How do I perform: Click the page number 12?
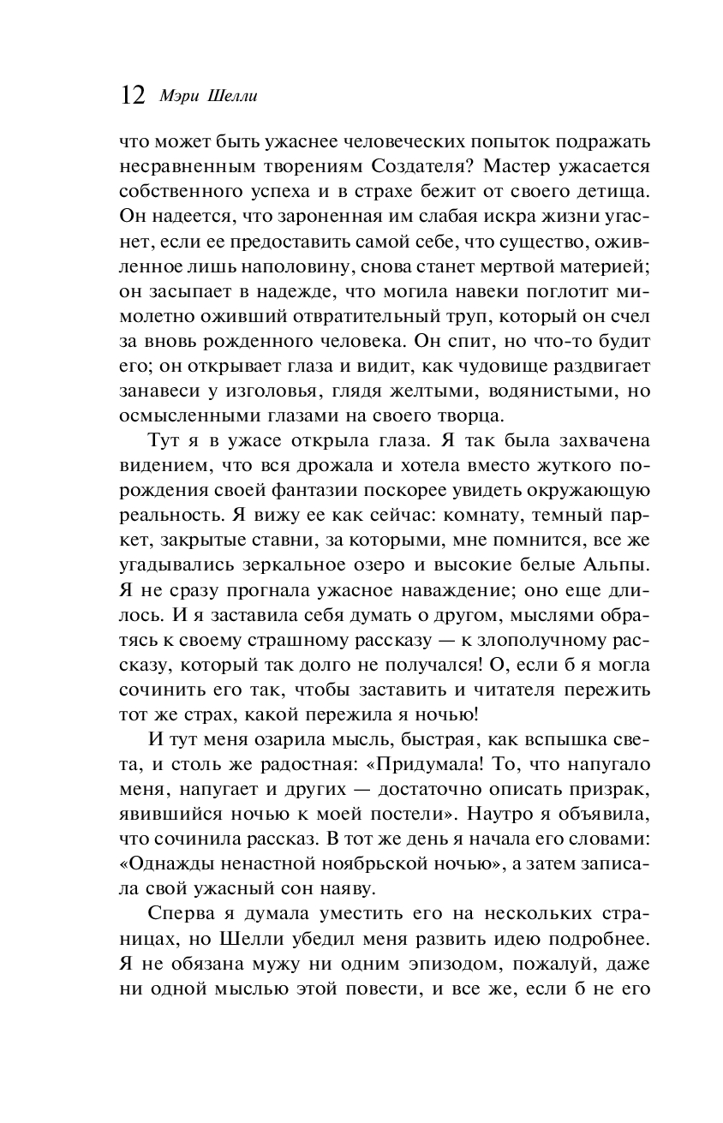134,94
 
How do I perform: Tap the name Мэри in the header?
176,96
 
